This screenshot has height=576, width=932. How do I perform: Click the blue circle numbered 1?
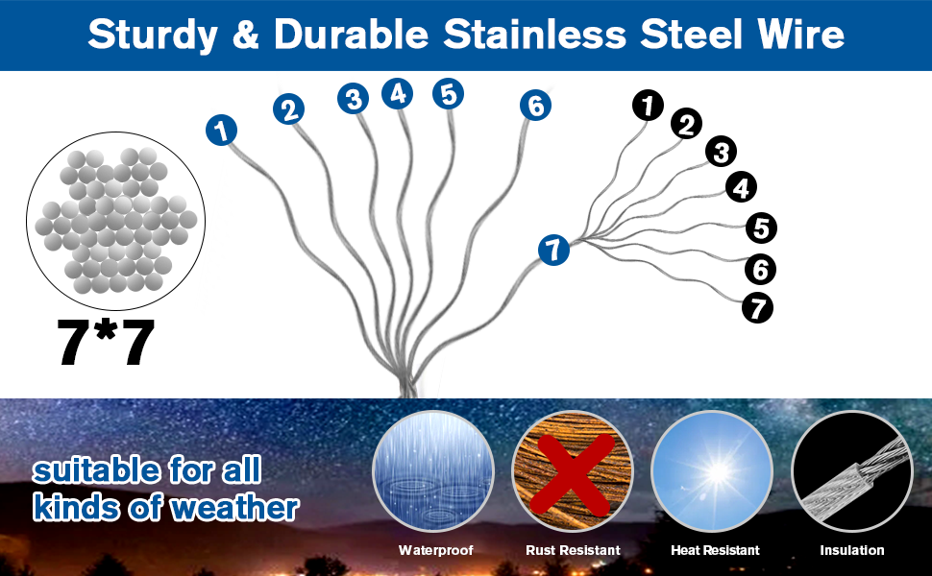click(222, 130)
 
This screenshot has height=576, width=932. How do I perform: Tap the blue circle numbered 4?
click(397, 93)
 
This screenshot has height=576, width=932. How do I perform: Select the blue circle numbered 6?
click(535, 106)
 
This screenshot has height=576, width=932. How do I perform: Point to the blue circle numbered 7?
click(553, 251)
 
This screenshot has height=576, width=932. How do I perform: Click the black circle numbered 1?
click(649, 105)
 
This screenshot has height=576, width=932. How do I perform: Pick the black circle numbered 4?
click(740, 187)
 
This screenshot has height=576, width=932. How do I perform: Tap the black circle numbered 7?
click(757, 308)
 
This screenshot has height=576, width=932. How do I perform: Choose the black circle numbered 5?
click(761, 228)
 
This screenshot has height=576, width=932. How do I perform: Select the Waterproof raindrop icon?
click(432, 471)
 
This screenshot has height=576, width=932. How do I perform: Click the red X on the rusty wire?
click(573, 470)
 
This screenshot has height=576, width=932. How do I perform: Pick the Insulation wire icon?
click(851, 471)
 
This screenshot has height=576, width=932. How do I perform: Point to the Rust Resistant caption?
click(573, 550)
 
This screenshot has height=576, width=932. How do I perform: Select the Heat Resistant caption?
click(715, 550)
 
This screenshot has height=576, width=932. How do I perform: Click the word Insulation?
click(851, 550)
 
